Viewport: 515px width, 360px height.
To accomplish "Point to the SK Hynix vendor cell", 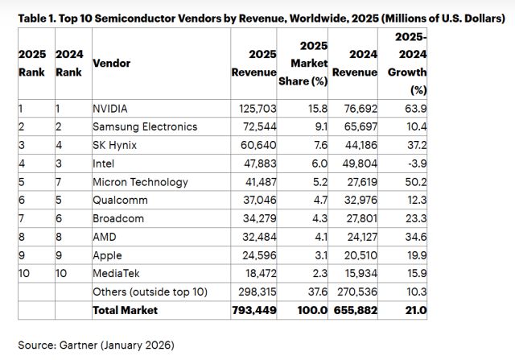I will (x=114, y=145).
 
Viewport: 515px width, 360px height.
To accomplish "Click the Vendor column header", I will (x=112, y=62).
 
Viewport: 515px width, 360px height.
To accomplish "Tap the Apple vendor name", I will (x=107, y=256).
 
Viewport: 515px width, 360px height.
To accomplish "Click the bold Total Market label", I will (x=125, y=310).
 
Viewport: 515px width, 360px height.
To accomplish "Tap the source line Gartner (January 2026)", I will (x=95, y=345).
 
